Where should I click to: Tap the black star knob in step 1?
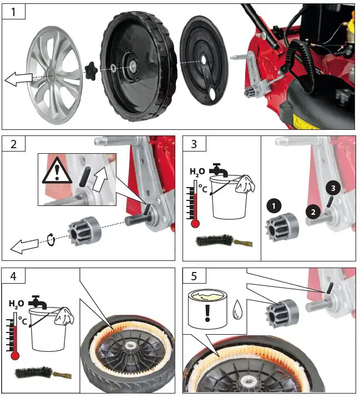(x=92, y=70)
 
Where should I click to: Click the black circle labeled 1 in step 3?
(x=272, y=205)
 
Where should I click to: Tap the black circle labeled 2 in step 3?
(x=313, y=210)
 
